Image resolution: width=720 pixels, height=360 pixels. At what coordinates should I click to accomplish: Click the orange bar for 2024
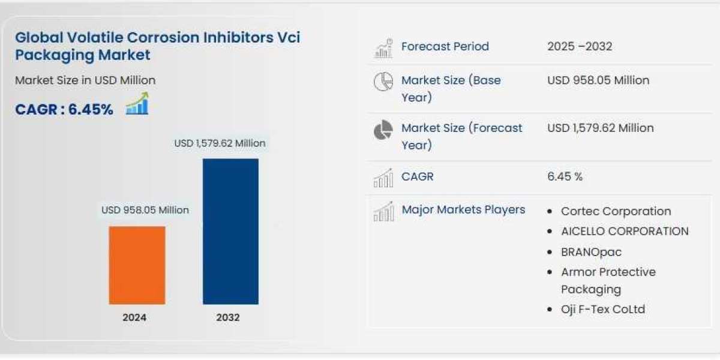137,265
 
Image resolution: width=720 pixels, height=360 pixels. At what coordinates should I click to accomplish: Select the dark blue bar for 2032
230,231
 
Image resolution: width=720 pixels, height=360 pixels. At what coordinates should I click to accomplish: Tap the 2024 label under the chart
134,317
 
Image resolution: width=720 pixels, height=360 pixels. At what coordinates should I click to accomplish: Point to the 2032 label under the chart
228,317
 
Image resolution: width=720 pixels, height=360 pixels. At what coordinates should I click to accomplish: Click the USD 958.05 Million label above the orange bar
145,210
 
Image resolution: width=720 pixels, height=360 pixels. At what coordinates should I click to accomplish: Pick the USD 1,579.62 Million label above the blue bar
220,143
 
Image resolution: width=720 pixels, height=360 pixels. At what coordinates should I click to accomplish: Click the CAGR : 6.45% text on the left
64,109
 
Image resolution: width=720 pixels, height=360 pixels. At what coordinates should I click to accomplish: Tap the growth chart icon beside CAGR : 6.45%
137,104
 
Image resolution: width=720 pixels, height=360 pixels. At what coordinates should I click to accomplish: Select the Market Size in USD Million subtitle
85,80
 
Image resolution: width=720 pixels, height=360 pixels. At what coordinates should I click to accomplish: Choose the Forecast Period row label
445,46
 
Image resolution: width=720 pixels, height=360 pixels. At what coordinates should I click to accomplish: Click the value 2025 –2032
580,46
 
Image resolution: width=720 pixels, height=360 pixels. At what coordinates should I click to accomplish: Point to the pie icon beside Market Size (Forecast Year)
383,130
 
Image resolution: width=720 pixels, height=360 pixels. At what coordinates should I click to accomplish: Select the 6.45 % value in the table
565,176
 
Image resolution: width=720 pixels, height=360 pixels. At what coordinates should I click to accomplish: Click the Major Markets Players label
463,209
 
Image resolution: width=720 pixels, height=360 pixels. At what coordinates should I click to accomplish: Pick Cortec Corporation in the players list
616,211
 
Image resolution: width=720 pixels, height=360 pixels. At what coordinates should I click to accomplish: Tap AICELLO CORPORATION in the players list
625,231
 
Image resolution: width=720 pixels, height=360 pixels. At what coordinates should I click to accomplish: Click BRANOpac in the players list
591,252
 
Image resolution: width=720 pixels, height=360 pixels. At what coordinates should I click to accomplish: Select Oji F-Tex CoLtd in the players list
603,310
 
